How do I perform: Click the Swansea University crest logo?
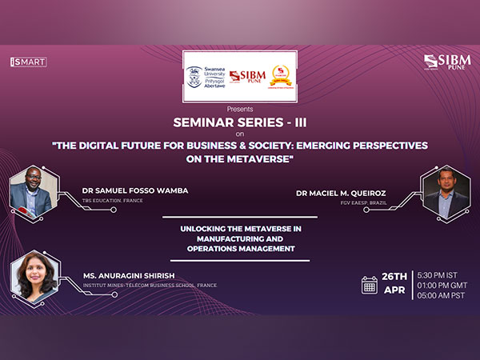[194, 77]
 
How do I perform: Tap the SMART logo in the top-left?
[28, 62]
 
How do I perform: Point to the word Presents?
[240, 108]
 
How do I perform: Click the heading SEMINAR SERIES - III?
[240, 123]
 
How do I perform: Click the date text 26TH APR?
[394, 284]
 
